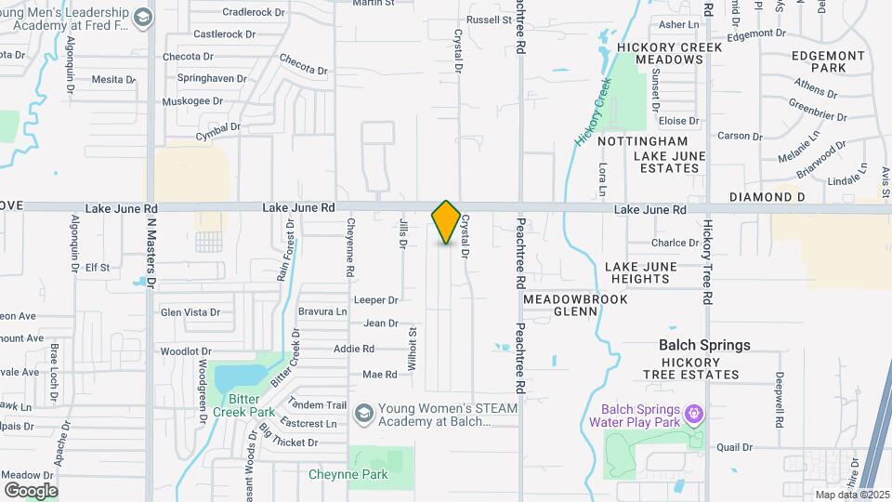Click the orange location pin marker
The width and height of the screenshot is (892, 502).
pyautogui.click(x=446, y=222)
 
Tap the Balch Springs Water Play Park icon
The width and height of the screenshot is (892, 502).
pyautogui.click(x=692, y=412)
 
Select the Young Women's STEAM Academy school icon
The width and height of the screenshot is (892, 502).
pyautogui.click(x=364, y=412)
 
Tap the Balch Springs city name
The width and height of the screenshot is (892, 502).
pyautogui.click(x=704, y=345)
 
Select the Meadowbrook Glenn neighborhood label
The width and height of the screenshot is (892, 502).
pyautogui.click(x=576, y=306)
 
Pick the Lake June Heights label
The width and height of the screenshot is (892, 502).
pyautogui.click(x=641, y=272)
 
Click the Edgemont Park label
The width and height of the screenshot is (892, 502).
pyautogui.click(x=828, y=61)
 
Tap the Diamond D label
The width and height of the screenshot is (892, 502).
pyautogui.click(x=767, y=197)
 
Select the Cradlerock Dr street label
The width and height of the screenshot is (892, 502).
pyautogui.click(x=254, y=12)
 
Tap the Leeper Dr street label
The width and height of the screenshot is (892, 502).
pyautogui.click(x=376, y=300)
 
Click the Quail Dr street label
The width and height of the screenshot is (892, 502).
pyautogui.click(x=734, y=446)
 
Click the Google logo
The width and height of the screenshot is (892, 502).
pyautogui.click(x=31, y=490)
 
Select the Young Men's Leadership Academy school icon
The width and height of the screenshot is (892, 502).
pyautogui.click(x=143, y=17)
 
